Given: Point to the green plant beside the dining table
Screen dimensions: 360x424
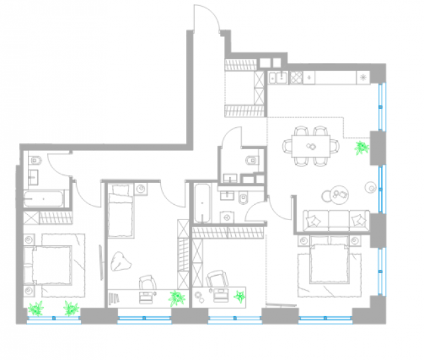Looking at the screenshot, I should [x=362, y=147].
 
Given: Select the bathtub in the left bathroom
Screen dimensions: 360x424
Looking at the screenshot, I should [x=44, y=199].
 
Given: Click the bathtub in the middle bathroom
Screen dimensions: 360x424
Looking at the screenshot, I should [x=201, y=204].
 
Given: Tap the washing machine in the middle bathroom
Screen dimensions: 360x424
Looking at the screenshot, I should [x=228, y=215].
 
